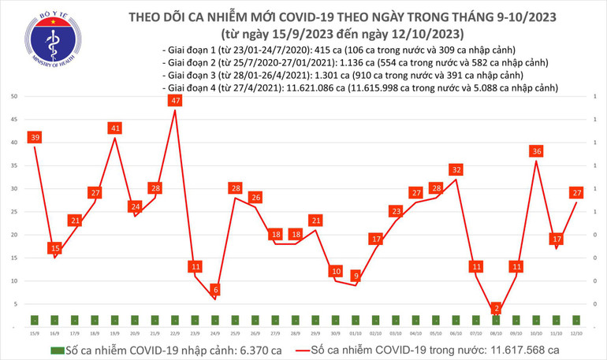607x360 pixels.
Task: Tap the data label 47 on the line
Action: pos(175,101)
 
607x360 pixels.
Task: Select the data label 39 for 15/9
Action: pos(34,138)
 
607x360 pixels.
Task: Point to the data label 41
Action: pos(115,128)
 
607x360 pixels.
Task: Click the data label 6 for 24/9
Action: pos(216,290)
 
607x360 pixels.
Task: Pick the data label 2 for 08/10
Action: pos(496,308)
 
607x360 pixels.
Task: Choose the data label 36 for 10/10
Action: pos(536,151)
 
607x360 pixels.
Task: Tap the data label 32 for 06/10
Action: pos(456,169)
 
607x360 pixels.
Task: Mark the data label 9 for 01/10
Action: pos(356,276)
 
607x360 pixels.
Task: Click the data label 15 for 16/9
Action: pos(54,249)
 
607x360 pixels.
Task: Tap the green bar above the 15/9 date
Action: pos(34,319)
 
